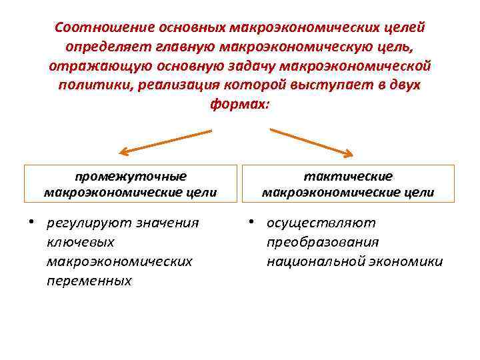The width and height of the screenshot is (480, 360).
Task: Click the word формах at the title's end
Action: click(x=238, y=105)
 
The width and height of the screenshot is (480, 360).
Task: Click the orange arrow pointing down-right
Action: click(x=311, y=142)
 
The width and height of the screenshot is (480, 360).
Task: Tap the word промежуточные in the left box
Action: click(x=131, y=177)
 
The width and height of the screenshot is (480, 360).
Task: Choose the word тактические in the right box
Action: click(x=348, y=177)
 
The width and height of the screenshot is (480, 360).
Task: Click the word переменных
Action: click(x=89, y=281)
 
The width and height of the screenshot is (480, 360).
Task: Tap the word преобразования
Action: click(x=323, y=242)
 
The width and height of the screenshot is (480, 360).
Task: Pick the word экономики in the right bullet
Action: click(x=410, y=261)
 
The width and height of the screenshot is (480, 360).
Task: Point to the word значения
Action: click(x=167, y=223)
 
